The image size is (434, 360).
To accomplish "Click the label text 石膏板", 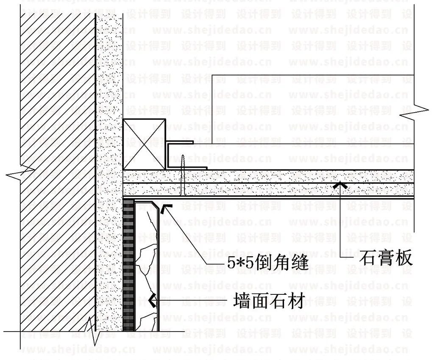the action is pos(386,258).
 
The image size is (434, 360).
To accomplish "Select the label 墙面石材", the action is pos(268,302).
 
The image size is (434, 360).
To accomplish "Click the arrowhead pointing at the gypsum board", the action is pos(342,185).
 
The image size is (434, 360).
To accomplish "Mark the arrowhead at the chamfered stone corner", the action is pos(166,208).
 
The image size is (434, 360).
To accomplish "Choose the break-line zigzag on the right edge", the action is pos(413,111).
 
